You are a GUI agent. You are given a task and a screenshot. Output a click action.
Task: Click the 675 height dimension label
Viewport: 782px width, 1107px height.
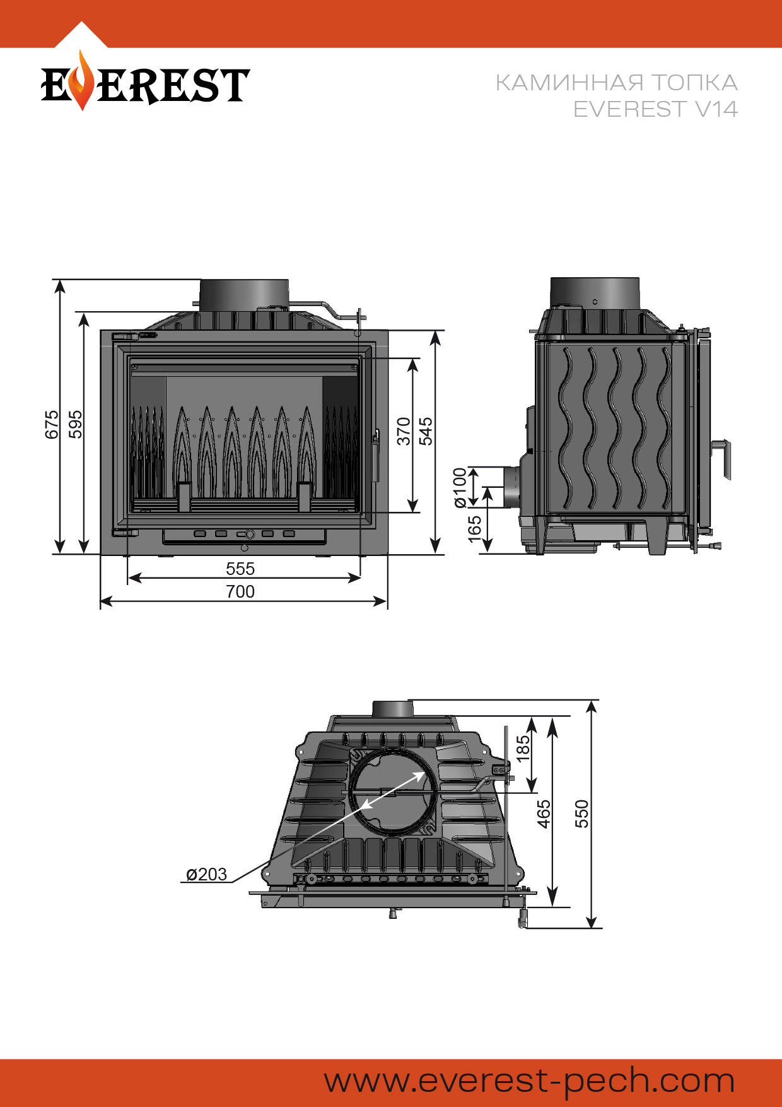tap(52, 424)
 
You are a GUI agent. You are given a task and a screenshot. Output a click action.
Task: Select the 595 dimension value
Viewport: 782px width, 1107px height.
tap(75, 424)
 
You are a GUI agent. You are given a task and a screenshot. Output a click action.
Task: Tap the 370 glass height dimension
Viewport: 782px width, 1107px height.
tap(404, 431)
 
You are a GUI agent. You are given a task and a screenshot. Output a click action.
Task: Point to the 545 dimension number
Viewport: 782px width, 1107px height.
tap(426, 431)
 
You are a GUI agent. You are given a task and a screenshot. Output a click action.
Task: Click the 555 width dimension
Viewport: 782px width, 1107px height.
tap(240, 569)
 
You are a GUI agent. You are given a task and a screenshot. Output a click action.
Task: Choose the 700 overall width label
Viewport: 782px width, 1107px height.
tap(240, 591)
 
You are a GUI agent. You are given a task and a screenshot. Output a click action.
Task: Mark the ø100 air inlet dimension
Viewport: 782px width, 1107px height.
tap(460, 487)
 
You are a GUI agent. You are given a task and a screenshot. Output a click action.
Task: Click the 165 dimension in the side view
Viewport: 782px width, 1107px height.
tap(475, 529)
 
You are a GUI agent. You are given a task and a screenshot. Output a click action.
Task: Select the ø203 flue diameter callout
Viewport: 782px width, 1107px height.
tap(206, 874)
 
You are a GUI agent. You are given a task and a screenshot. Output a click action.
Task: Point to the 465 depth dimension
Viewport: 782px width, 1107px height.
tap(544, 814)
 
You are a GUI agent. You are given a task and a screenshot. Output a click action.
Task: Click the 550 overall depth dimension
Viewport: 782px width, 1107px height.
tap(581, 814)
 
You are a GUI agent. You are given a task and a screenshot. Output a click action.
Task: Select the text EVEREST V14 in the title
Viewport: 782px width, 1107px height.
tap(655, 109)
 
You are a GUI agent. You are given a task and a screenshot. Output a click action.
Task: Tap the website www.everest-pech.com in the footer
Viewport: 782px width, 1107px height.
tap(529, 1080)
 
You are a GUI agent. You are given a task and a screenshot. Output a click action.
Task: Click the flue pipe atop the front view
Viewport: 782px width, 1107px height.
tap(244, 295)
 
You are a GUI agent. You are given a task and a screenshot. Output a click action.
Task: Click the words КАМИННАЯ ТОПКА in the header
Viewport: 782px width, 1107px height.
tap(616, 83)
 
